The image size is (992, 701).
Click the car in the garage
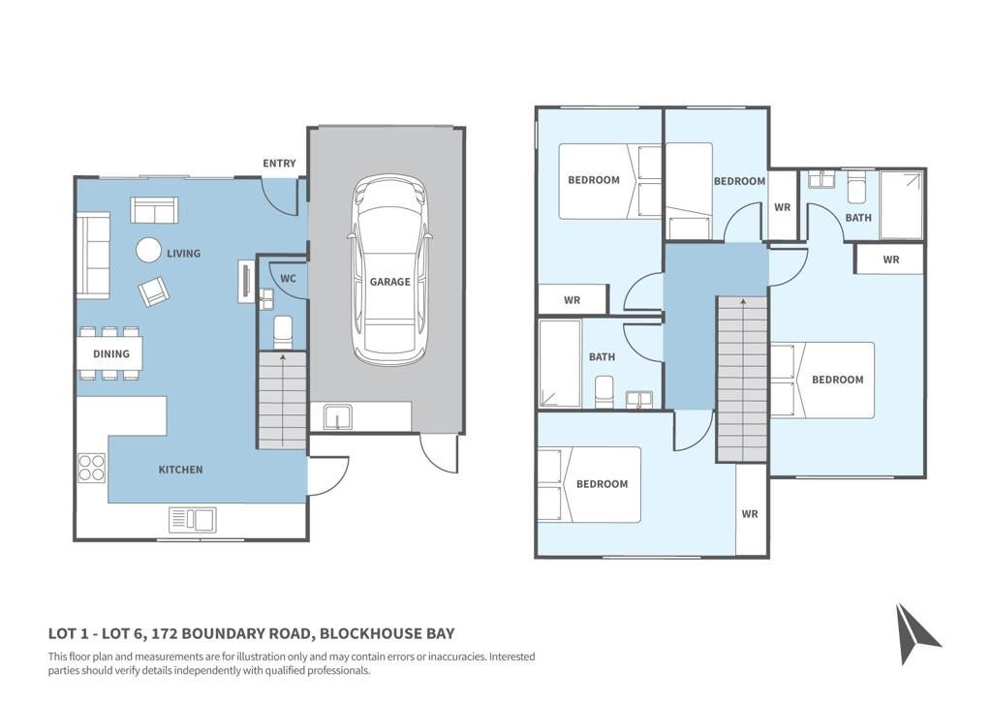[389, 270]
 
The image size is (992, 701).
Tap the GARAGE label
[389, 282]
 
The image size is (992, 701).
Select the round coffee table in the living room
[149, 250]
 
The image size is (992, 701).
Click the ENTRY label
[279, 163]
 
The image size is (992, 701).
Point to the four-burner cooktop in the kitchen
[92, 468]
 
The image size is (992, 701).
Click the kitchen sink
[193, 520]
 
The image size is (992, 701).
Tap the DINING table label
[110, 354]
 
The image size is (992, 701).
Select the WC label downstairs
[288, 279]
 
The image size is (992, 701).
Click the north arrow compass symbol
[915, 633]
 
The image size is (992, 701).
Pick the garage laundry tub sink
[338, 417]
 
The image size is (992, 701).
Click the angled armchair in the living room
[154, 291]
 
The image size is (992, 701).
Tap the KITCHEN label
[180, 470]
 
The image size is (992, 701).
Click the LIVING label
[183, 254]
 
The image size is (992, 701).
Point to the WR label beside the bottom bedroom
[750, 514]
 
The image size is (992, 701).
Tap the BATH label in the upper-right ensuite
[858, 218]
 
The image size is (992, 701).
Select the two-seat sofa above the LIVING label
[154, 210]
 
